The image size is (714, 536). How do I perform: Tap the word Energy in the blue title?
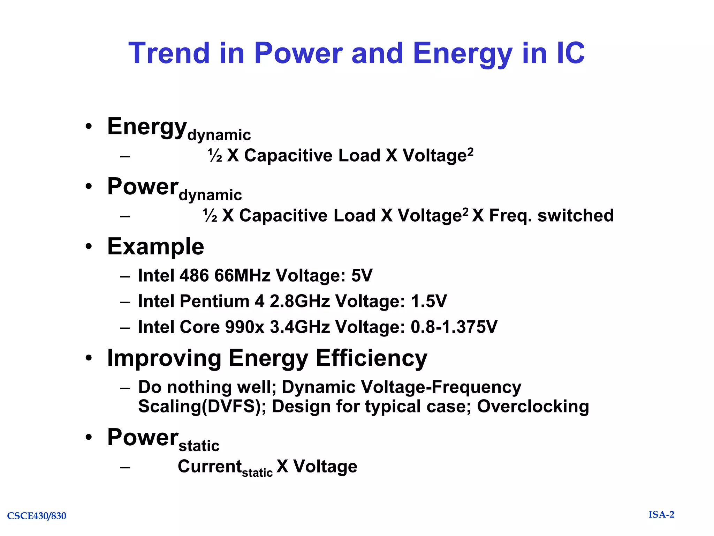[462, 53]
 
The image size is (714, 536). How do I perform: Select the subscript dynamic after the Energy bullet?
[219, 135]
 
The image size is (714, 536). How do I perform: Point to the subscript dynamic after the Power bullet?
[210, 195]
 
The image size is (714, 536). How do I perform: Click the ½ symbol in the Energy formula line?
[215, 156]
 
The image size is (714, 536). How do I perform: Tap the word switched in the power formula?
[576, 215]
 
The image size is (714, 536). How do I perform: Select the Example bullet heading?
[155, 247]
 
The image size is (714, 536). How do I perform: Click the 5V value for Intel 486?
[362, 276]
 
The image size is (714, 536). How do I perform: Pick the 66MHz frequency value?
[242, 276]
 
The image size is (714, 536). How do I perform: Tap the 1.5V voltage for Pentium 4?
[428, 301]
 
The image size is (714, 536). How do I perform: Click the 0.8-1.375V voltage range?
[454, 327]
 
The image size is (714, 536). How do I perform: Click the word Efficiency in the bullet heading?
[371, 358]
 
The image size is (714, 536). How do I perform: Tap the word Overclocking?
[533, 407]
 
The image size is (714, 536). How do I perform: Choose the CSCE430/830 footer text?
[37, 516]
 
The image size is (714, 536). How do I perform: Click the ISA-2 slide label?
[661, 515]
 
